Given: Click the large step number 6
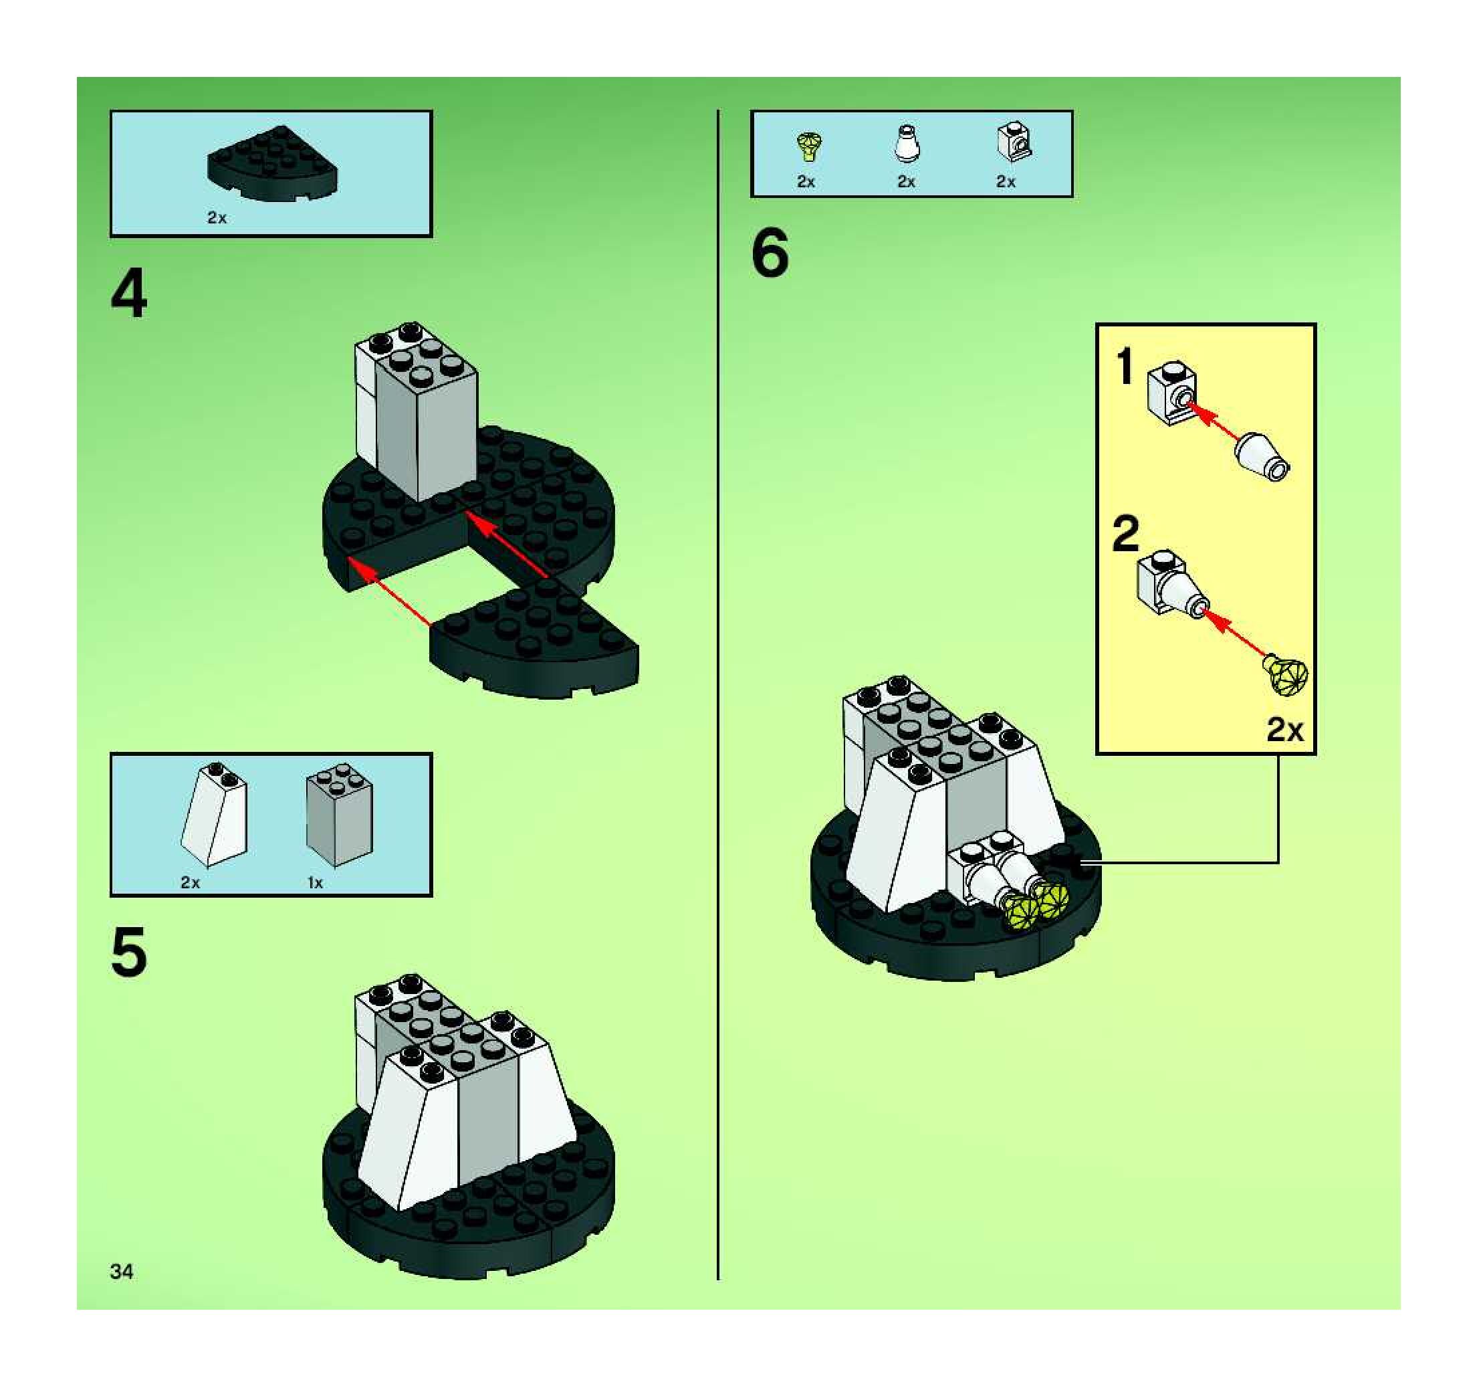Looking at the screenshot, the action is coord(770,253).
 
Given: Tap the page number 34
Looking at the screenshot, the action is coord(122,1272).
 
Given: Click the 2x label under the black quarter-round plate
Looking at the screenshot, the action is coord(217,218).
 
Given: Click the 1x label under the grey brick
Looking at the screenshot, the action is coord(316,883).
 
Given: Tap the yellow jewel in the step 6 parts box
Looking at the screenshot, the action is coord(808,146).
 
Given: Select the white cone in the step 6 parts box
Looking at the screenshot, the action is coord(907,143).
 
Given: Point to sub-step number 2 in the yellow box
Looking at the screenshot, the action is coord(1126,534).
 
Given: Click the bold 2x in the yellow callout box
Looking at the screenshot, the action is coord(1284,730).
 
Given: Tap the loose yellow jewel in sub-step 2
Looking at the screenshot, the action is coord(1284,675).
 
